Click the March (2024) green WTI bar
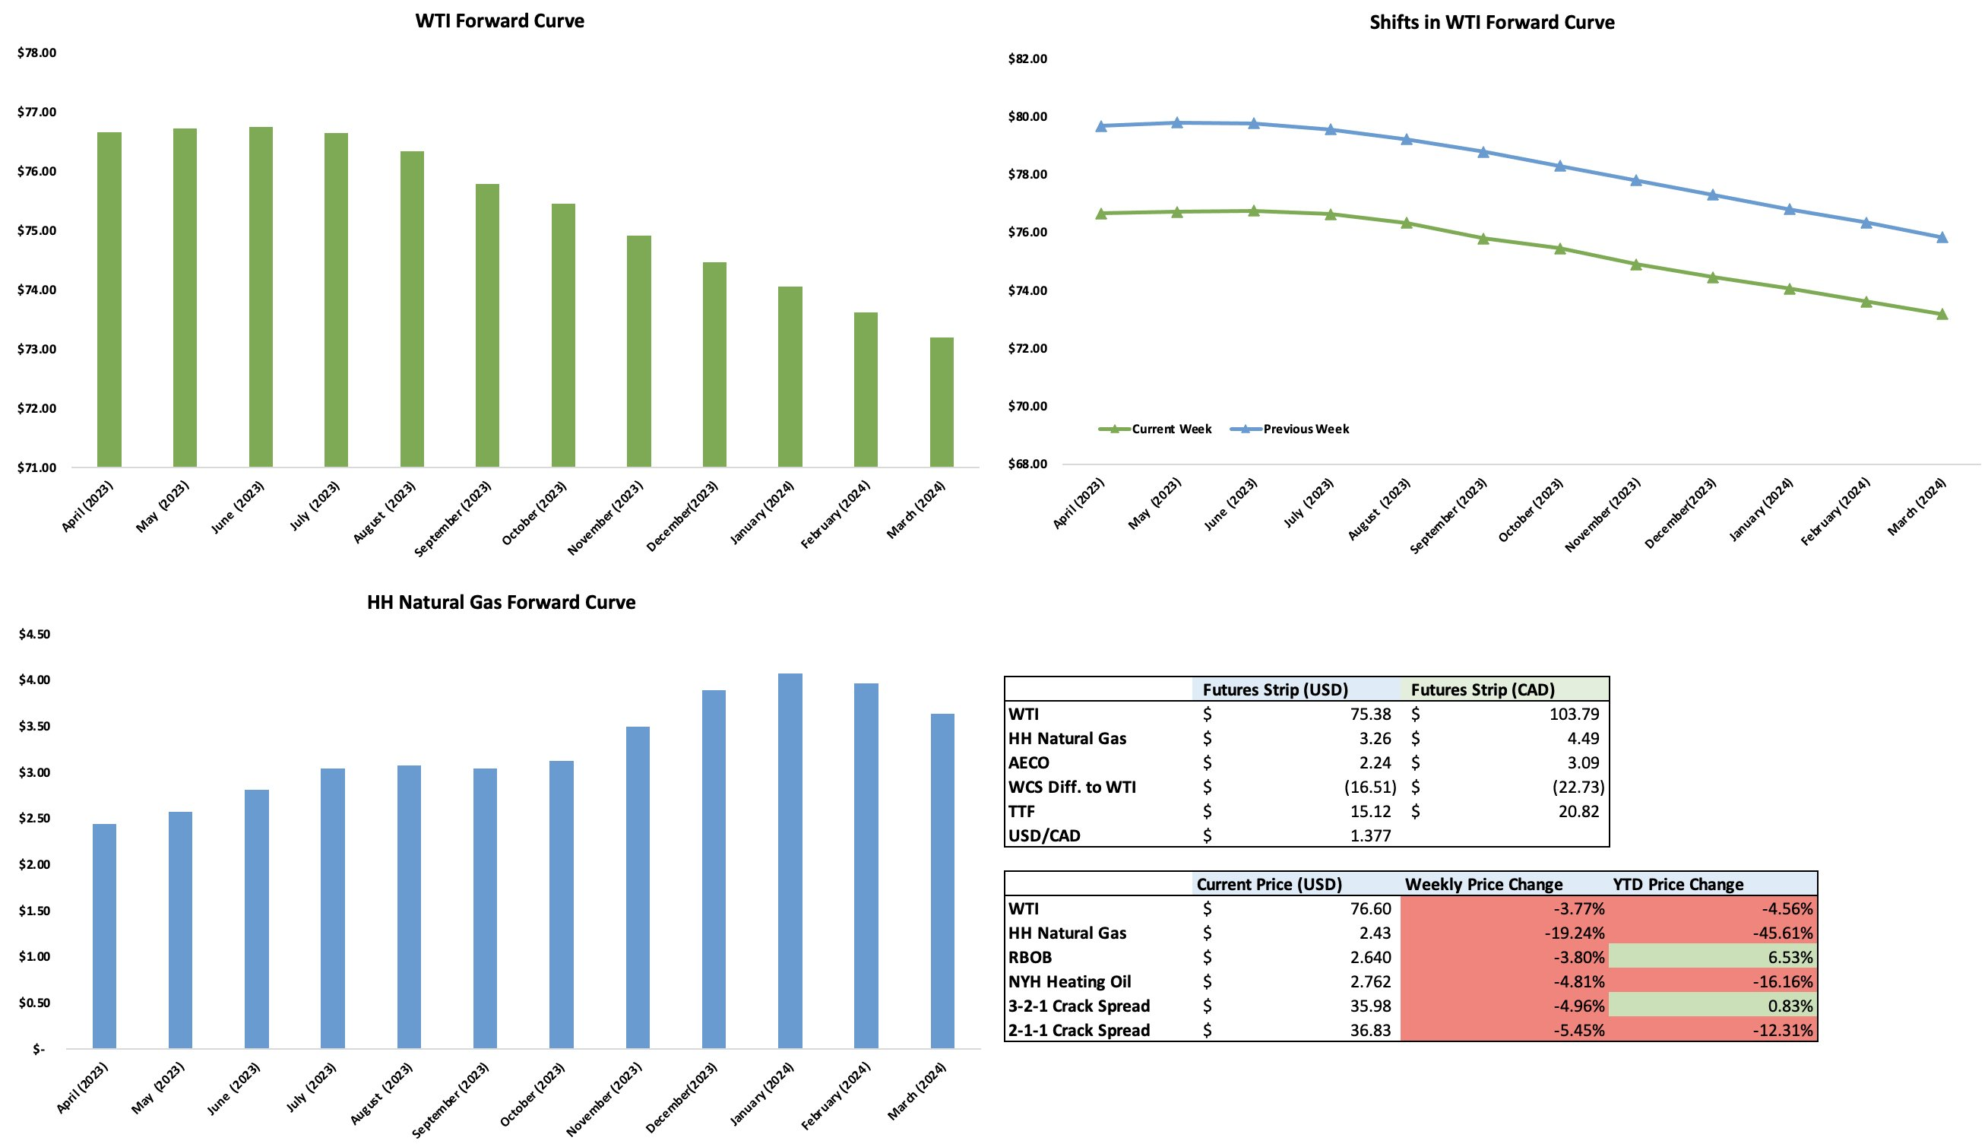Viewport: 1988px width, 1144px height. pyautogui.click(x=941, y=402)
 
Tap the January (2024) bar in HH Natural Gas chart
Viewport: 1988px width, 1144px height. pyautogui.click(x=790, y=860)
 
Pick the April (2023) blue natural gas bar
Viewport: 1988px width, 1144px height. pyautogui.click(x=104, y=935)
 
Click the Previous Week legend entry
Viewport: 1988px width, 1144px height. pyautogui.click(x=1306, y=429)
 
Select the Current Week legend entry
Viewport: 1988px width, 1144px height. pyautogui.click(x=1170, y=429)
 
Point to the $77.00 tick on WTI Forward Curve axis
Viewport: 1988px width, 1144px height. pyautogui.click(x=37, y=112)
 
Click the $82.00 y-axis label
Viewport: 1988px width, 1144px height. pyautogui.click(x=1027, y=59)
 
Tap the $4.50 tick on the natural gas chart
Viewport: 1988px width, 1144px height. pyautogui.click(x=34, y=634)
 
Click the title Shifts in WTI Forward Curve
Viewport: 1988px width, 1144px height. pyautogui.click(x=1492, y=23)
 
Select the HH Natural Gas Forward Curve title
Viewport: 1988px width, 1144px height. pyautogui.click(x=501, y=603)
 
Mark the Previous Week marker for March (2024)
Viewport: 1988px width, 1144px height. pyautogui.click(x=1942, y=237)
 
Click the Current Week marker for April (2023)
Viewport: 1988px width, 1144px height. pyautogui.click(x=1101, y=213)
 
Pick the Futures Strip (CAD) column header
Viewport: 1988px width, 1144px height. pyautogui.click(x=1482, y=690)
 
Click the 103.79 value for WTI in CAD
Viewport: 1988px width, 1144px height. pyautogui.click(x=1574, y=715)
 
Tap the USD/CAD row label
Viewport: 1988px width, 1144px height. pyautogui.click(x=1044, y=835)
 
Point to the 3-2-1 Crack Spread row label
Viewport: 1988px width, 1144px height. pyautogui.click(x=1078, y=1006)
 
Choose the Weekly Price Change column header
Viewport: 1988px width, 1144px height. pyautogui.click(x=1483, y=884)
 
